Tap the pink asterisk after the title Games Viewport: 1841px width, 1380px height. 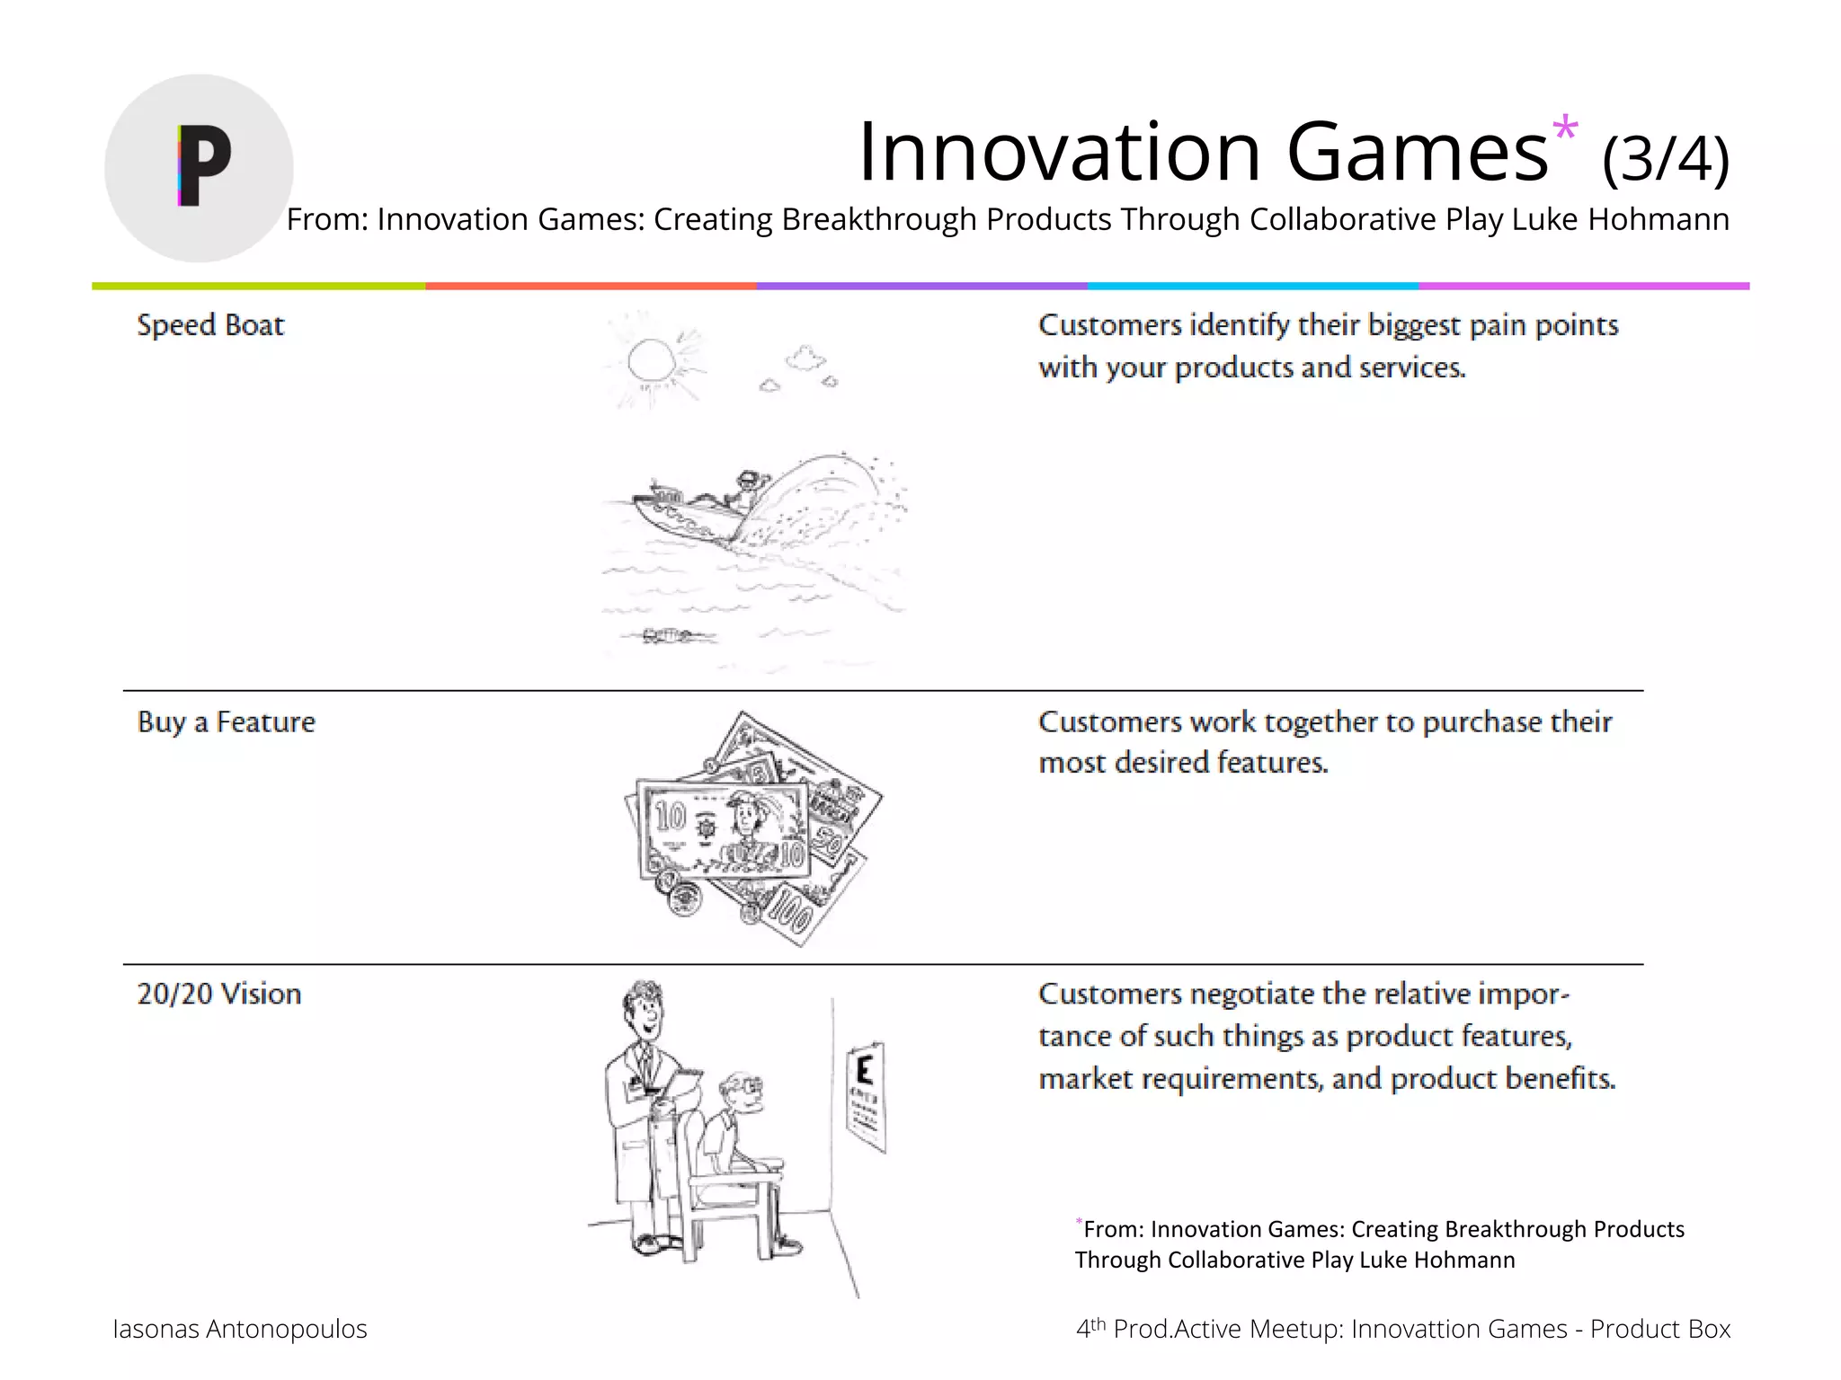click(x=1565, y=128)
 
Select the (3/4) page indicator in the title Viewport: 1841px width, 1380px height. click(x=1665, y=160)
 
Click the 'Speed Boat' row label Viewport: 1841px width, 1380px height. click(x=210, y=325)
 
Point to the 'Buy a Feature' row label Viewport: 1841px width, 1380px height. click(x=227, y=722)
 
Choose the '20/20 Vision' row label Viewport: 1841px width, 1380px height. click(x=219, y=995)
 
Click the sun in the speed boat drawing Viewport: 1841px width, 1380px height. click(x=651, y=361)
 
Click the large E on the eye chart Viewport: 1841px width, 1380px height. click(x=865, y=1070)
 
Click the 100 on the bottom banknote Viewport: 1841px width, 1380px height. click(x=790, y=913)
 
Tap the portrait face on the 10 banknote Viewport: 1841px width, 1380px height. click(x=745, y=817)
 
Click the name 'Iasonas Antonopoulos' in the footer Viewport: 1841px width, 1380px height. click(x=240, y=1329)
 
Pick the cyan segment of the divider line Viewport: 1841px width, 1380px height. click(x=1252, y=286)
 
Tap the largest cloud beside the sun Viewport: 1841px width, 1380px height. click(x=805, y=358)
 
